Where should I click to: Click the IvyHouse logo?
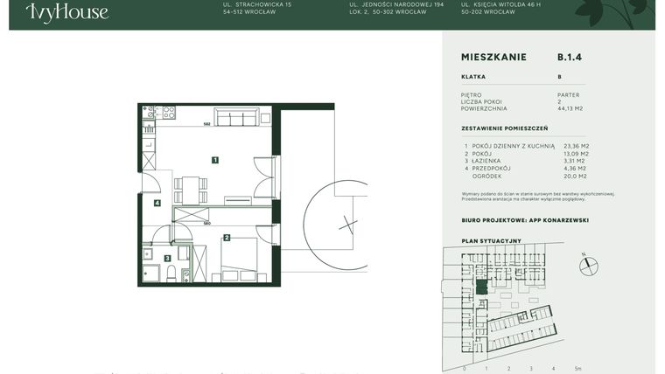tap(67, 12)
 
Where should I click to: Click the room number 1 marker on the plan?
tap(214, 160)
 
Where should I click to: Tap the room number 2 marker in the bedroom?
tap(227, 237)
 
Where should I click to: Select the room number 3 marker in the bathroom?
tap(168, 258)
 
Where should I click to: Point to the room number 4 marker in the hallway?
tap(157, 204)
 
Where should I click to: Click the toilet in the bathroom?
tap(185, 274)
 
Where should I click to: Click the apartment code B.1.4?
tap(570, 57)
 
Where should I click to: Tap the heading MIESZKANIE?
tap(493, 57)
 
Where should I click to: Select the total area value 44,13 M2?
tap(570, 109)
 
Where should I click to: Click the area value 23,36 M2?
tap(577, 146)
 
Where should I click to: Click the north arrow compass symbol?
tap(590, 265)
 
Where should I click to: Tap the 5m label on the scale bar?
tap(578, 369)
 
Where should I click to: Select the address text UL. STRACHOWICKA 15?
tap(258, 5)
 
